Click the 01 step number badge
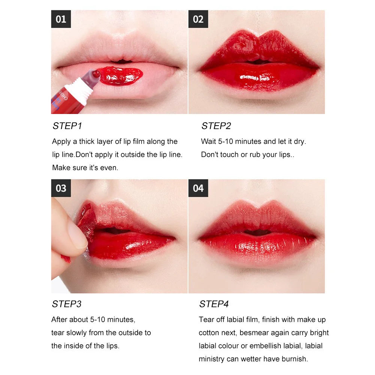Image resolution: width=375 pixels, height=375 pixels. (61, 19)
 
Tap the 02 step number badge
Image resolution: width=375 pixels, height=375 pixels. (198, 19)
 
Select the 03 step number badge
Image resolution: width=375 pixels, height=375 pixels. (61, 188)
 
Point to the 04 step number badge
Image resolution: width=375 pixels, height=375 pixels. (198, 188)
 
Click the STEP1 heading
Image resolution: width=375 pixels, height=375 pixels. (67, 126)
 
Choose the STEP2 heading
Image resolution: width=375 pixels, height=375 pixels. (216, 126)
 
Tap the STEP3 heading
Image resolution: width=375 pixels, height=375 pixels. (67, 304)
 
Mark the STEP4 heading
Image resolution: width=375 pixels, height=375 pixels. (214, 304)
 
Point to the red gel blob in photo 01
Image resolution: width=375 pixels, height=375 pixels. (120, 75)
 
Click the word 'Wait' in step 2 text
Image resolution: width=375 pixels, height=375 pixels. (208, 141)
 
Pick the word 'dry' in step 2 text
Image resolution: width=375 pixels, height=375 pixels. (299, 141)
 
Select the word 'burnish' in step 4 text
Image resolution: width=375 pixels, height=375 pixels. (294, 359)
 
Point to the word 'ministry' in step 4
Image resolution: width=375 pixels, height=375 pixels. (211, 359)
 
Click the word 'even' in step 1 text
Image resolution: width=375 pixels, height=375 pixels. (109, 168)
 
